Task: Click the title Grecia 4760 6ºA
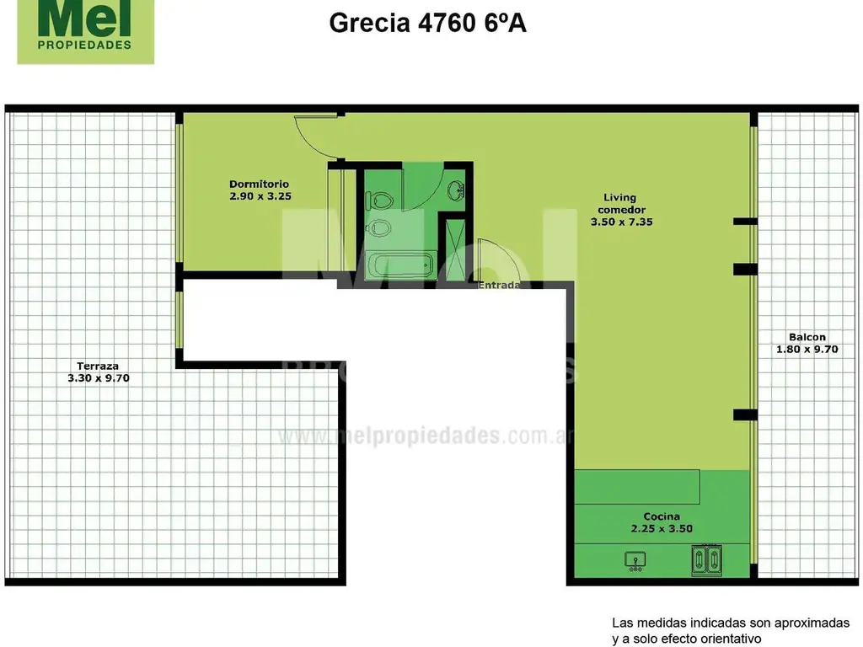point(427,23)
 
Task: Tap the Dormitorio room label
point(260,184)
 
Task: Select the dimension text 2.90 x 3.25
point(260,196)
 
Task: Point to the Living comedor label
point(622,203)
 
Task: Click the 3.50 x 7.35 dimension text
point(622,222)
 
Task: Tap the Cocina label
point(662,516)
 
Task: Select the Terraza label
point(98,366)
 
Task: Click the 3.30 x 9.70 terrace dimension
point(98,378)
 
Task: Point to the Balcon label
point(807,337)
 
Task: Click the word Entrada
point(500,286)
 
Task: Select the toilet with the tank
point(378,201)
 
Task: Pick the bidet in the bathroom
point(379,227)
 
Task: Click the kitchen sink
point(635,559)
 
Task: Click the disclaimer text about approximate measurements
point(730,630)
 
